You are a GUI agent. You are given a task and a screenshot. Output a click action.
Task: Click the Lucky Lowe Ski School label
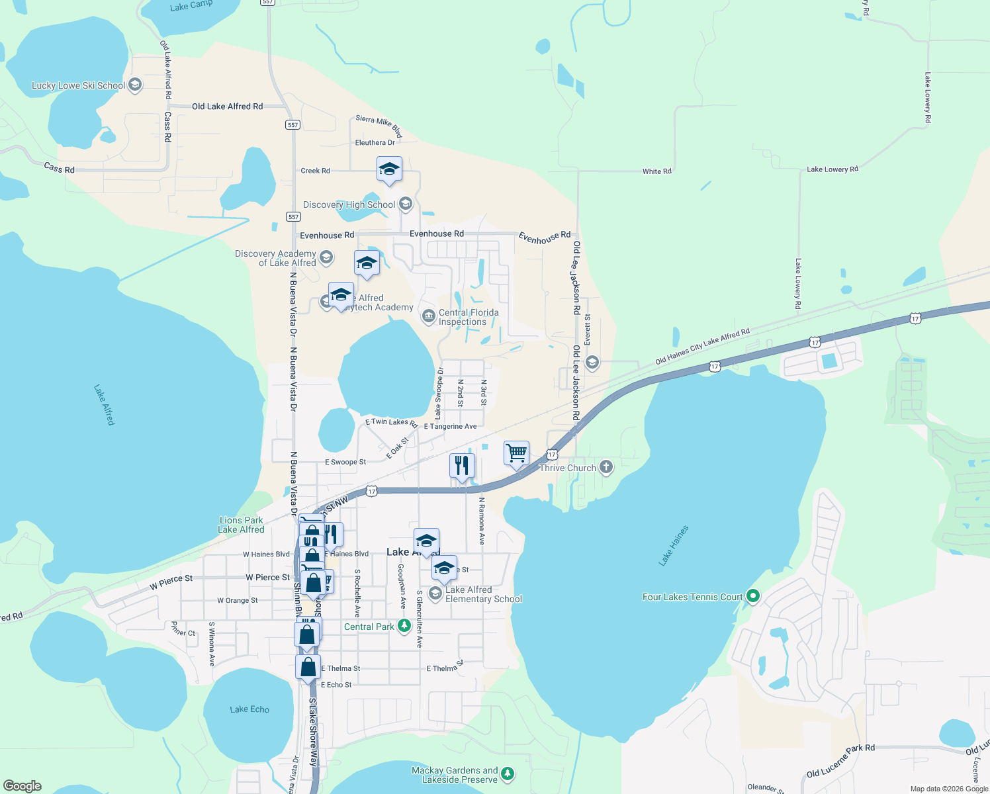[79, 85]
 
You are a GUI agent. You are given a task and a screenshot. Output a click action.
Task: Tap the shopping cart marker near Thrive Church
[516, 454]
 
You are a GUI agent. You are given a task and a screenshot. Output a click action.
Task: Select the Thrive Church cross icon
[606, 467]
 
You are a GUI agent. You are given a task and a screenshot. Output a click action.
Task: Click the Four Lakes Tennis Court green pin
[752, 596]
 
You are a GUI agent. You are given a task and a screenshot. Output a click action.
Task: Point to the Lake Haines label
[674, 546]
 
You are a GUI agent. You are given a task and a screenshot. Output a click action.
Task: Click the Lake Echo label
[249, 709]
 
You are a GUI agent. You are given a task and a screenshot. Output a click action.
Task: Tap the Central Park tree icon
[404, 626]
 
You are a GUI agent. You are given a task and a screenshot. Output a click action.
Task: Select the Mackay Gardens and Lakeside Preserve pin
[508, 773]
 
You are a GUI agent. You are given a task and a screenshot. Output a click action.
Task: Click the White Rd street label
[656, 171]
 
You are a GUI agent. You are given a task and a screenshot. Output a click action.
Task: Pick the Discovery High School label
[349, 204]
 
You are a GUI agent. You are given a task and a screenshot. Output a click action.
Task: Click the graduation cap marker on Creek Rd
[389, 169]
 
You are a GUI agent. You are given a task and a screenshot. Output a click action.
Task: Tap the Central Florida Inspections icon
[429, 316]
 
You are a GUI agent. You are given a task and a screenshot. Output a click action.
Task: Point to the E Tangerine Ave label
[450, 427]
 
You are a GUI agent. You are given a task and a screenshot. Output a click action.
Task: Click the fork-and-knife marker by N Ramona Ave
[462, 465]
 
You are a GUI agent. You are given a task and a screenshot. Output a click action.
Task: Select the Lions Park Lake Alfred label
[241, 525]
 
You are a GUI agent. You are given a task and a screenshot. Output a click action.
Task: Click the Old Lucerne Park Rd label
[840, 761]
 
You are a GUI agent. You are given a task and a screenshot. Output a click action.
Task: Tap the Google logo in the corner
[22, 785]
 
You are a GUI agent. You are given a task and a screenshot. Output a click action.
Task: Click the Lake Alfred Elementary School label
[484, 594]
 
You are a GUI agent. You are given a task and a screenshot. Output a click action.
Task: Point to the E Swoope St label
[345, 462]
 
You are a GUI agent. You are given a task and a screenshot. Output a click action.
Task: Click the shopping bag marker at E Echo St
[308, 667]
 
